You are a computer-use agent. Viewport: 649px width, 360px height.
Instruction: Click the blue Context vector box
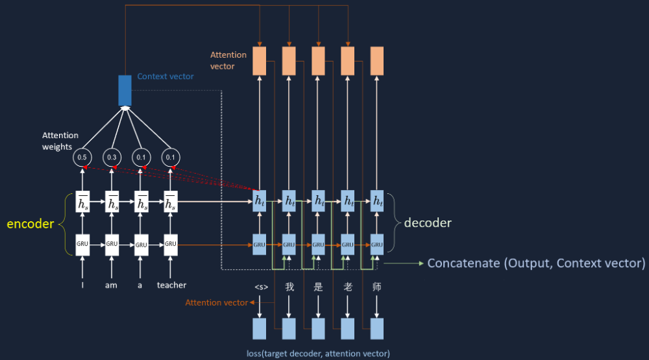125,90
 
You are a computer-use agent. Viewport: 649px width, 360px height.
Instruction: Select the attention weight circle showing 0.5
82,158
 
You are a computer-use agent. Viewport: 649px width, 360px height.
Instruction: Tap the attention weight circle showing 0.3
112,158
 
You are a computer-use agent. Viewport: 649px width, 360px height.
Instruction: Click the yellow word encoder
31,224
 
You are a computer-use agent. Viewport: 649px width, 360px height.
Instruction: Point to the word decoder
427,222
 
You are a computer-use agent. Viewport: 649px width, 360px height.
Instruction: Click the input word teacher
171,285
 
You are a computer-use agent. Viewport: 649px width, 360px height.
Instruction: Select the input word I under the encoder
82,285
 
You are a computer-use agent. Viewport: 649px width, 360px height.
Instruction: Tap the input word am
112,285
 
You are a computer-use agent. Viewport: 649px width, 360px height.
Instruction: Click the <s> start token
260,287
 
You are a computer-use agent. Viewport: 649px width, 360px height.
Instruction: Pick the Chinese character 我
289,287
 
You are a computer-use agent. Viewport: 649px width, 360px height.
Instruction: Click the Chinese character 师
377,287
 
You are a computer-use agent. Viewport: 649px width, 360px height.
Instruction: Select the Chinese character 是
318,287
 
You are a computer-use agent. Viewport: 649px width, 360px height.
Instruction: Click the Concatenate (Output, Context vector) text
536,263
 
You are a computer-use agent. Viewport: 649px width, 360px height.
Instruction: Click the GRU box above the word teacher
171,244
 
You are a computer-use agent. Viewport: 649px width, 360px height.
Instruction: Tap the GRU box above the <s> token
260,245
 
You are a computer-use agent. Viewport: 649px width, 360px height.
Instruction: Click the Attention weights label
60,141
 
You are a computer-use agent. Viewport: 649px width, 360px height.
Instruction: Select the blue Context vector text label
165,77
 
